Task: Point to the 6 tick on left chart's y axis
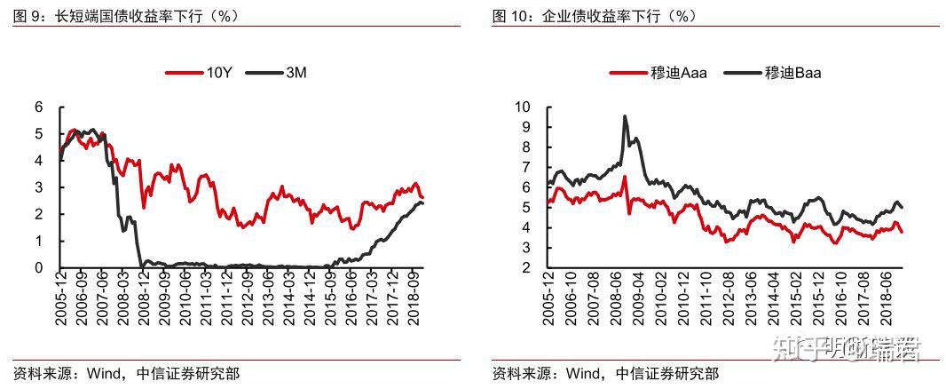coord(38,107)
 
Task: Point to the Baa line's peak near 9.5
coord(625,116)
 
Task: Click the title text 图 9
coord(28,15)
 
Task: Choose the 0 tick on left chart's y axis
coord(38,267)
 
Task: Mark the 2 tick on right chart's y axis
coord(525,267)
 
